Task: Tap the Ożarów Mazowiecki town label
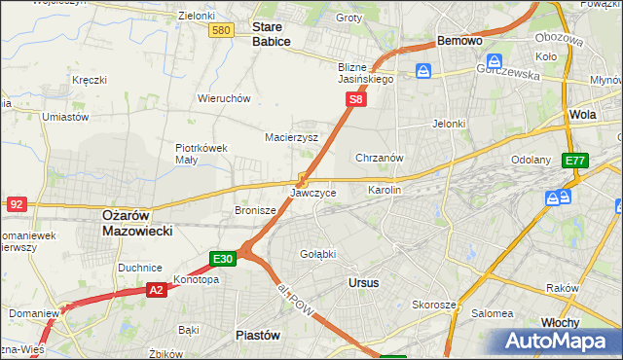(137, 223)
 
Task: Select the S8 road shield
(357, 99)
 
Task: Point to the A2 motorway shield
(157, 290)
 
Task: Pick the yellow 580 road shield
(221, 31)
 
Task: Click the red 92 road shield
(16, 204)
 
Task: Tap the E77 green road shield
(575, 161)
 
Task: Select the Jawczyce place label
(313, 193)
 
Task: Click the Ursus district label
(363, 282)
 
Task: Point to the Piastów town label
(258, 335)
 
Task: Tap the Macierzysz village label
(292, 138)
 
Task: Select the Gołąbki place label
(317, 254)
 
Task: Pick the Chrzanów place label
(380, 158)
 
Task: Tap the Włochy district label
(561, 322)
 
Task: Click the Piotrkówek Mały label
(201, 155)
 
